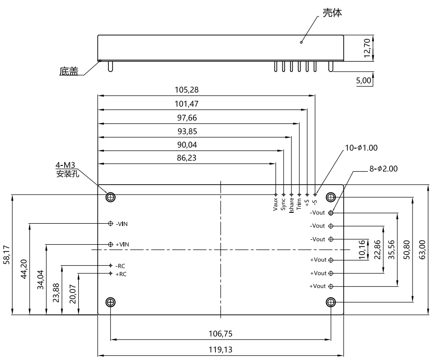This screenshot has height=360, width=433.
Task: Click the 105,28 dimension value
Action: tap(187, 90)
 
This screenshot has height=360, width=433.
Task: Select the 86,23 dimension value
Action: tap(187, 158)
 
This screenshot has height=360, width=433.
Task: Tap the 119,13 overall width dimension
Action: tap(220, 350)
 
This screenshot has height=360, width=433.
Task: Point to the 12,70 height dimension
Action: tap(367, 48)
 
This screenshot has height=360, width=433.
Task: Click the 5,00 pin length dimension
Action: tap(363, 80)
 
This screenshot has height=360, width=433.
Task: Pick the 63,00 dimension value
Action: tap(422, 249)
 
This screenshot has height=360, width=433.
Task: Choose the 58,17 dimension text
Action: tap(6, 254)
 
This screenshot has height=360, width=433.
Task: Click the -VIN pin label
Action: tap(122, 224)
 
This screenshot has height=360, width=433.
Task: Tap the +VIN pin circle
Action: tap(111, 244)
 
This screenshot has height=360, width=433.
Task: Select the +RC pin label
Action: tap(121, 274)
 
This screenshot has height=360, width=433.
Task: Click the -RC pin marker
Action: tap(111, 266)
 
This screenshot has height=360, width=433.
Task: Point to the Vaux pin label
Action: tap(275, 204)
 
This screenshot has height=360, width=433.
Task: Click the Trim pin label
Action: tap(299, 204)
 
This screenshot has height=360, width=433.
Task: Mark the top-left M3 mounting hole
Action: tap(111, 197)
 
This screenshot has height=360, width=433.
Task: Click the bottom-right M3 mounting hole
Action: tap(331, 302)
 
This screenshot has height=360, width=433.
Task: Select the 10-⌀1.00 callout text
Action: tap(361, 148)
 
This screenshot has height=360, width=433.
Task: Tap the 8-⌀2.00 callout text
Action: tap(383, 169)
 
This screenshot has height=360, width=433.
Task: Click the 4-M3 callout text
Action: tap(66, 165)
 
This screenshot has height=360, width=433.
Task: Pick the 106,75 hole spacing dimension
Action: tap(220, 334)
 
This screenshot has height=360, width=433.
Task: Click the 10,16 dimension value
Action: tap(362, 249)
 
